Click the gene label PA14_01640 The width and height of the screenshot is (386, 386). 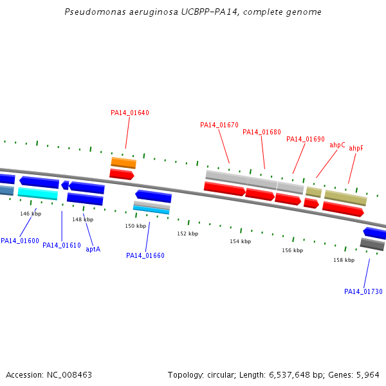[130, 113]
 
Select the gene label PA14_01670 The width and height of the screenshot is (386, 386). [219, 125]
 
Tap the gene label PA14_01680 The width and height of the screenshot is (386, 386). [262, 132]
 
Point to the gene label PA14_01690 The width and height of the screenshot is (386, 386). [306, 139]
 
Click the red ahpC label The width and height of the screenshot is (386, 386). [338, 145]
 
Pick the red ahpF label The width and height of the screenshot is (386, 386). [356, 148]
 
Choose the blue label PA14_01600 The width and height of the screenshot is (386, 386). [20, 241]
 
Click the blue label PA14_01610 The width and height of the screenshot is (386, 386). [62, 245]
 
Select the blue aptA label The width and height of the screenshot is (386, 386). [93, 249]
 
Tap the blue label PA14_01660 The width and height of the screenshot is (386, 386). [145, 255]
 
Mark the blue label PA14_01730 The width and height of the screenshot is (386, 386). [363, 291]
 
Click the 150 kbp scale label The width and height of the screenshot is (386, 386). [136, 226]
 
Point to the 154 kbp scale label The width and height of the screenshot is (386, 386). [240, 241]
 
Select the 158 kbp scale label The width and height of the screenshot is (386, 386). [344, 260]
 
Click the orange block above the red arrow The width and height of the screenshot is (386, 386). [124, 162]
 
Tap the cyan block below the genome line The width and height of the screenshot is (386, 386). [38, 193]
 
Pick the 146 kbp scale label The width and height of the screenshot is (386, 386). [30, 214]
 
